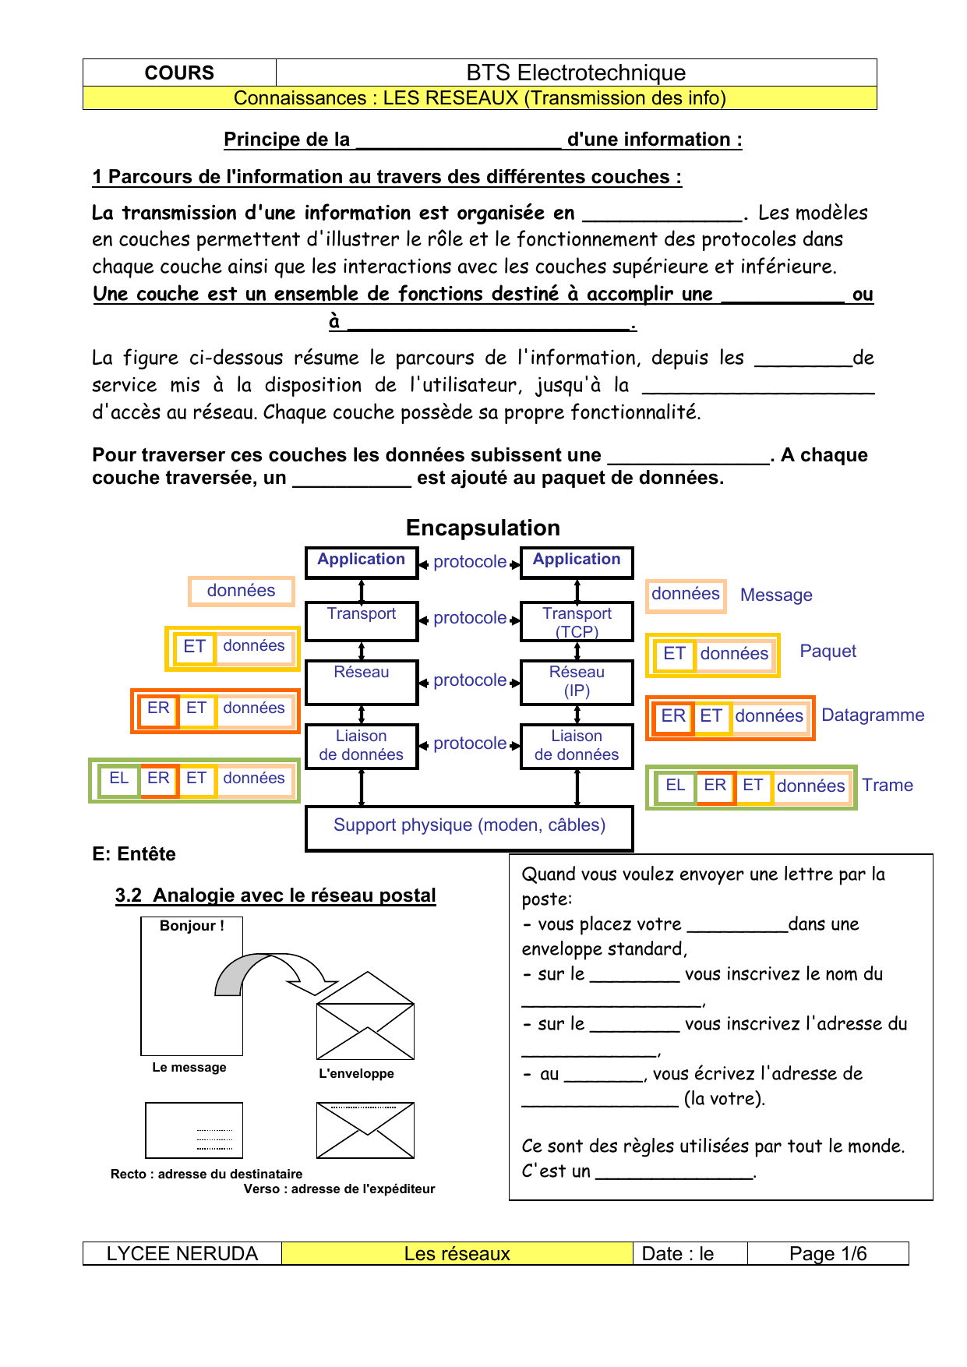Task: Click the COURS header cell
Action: coord(179,72)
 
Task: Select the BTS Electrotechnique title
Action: coord(576,72)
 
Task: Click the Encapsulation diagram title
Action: coord(482,528)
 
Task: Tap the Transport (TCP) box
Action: coord(577,621)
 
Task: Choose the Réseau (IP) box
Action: coord(577,681)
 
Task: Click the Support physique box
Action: coord(469,826)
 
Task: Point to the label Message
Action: coord(776,595)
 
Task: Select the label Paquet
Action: coord(828,652)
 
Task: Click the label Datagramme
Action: coord(873,715)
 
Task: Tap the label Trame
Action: coord(888,786)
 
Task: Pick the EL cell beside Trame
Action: coord(675,786)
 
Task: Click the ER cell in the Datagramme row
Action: coord(673,716)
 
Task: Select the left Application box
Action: coord(362,561)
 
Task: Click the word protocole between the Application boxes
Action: coord(470,562)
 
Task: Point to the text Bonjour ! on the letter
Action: coord(192,926)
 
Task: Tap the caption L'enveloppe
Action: coord(356,1073)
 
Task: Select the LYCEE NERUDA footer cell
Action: coord(182,1253)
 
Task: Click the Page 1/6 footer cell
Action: coord(828,1253)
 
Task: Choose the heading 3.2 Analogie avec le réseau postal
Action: coord(275,895)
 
